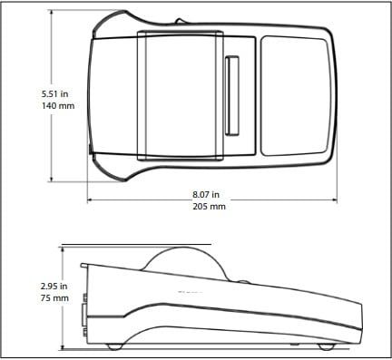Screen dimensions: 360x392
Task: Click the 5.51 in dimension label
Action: (x=55, y=93)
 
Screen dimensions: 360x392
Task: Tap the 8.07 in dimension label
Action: (x=208, y=194)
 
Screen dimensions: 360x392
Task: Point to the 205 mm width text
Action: (x=209, y=207)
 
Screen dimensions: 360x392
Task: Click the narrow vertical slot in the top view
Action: (x=230, y=93)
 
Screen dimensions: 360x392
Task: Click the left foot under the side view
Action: (x=113, y=345)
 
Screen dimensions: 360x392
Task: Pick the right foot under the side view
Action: (x=325, y=346)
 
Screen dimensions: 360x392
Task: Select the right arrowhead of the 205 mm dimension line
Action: (x=336, y=199)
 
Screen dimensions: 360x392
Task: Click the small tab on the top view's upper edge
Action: (x=180, y=19)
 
